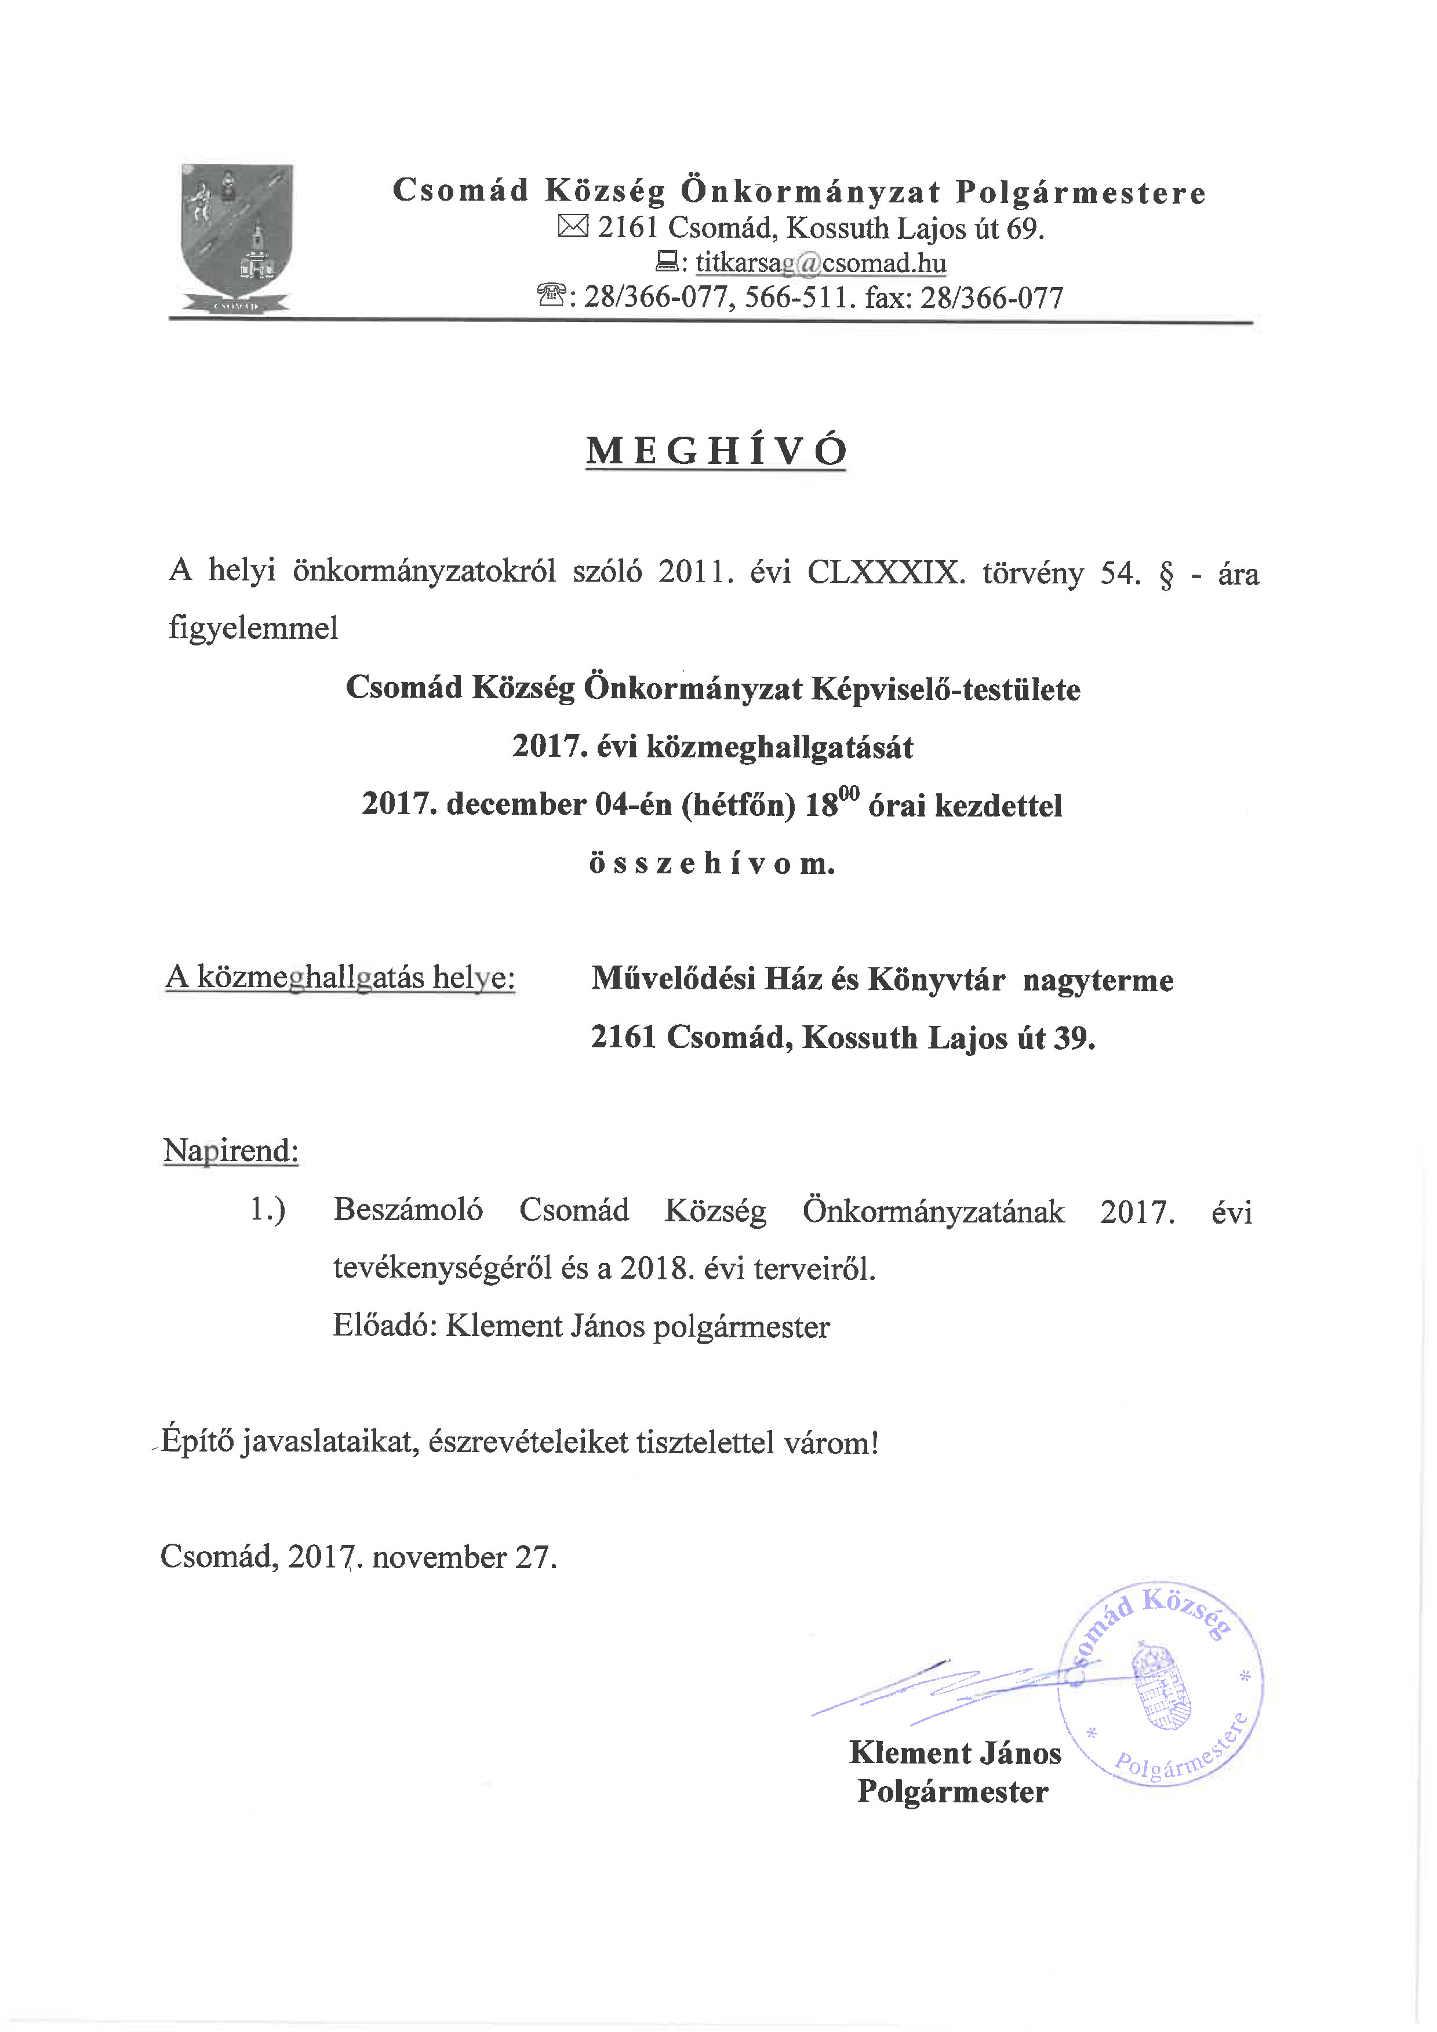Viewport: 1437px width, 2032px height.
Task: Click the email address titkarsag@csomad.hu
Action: [820, 263]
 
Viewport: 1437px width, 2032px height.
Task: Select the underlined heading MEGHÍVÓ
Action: [716, 451]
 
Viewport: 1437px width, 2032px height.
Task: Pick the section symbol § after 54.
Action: [1166, 575]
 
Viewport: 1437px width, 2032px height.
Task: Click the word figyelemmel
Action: [253, 629]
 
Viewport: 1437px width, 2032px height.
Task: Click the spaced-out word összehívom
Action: [712, 863]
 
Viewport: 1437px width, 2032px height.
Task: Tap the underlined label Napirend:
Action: [231, 1151]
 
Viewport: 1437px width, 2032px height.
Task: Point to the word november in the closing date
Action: [439, 1556]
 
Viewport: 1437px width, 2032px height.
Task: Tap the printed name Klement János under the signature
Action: [955, 1753]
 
